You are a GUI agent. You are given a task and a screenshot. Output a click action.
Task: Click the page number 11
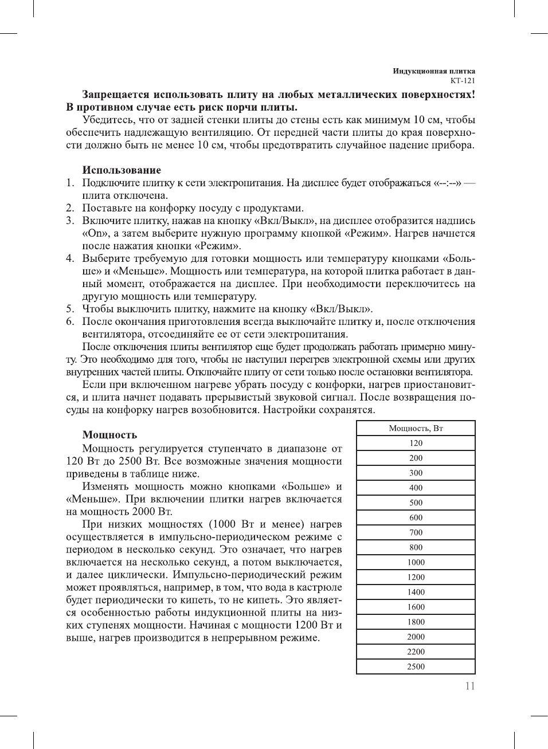pyautogui.click(x=470, y=686)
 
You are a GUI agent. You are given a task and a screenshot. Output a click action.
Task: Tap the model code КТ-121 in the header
pyautogui.click(x=463, y=81)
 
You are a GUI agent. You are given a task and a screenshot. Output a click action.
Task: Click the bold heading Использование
pyautogui.click(x=122, y=170)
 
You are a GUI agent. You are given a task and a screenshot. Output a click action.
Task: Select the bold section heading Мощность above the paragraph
pyautogui.click(x=109, y=435)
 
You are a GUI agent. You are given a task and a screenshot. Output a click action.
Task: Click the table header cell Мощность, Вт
pyautogui.click(x=416, y=428)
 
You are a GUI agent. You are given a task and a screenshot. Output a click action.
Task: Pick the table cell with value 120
pyautogui.click(x=416, y=443)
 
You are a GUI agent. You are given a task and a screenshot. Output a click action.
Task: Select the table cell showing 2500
pyautogui.click(x=416, y=666)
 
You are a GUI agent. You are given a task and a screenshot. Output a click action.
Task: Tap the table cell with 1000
pyautogui.click(x=416, y=562)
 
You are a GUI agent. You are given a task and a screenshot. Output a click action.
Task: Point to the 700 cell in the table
pyautogui.click(x=416, y=532)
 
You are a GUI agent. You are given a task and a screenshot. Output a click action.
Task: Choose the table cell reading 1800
pyautogui.click(x=416, y=622)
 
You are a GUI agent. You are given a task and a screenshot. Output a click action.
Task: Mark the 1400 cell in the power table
pyautogui.click(x=416, y=592)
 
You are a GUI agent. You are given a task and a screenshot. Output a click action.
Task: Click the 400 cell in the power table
pyautogui.click(x=416, y=488)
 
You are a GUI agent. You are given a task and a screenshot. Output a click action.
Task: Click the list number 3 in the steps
pyautogui.click(x=69, y=221)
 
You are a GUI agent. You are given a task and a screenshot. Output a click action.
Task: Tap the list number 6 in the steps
pyautogui.click(x=69, y=321)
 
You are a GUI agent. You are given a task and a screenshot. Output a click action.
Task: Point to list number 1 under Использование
pyautogui.click(x=69, y=183)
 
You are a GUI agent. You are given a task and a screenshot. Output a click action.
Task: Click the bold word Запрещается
pyautogui.click(x=116, y=95)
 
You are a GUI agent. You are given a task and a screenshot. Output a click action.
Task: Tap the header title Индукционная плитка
pyautogui.click(x=434, y=71)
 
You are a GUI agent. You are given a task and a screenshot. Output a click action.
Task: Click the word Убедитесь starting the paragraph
pyautogui.click(x=108, y=120)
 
